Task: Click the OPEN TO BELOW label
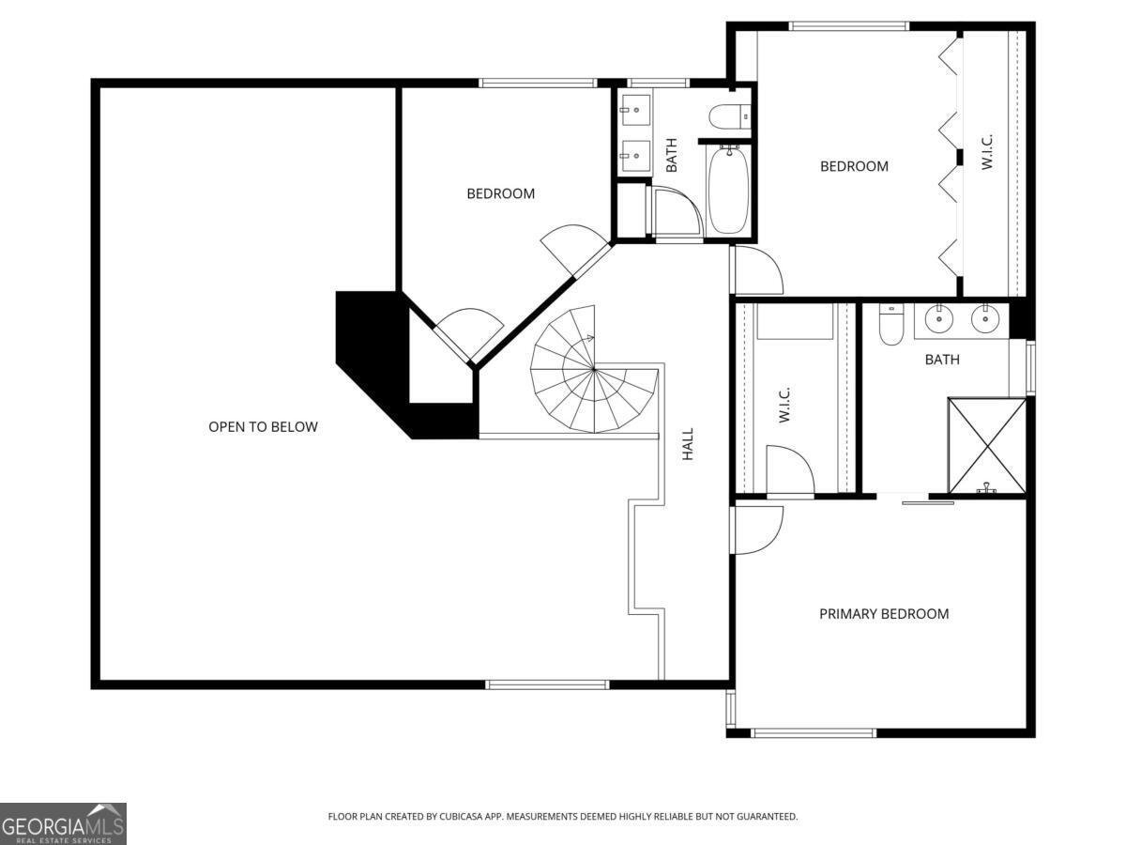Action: [x=263, y=427]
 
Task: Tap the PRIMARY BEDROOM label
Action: [x=884, y=614]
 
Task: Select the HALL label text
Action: [x=688, y=443]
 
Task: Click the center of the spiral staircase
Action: [x=594, y=370]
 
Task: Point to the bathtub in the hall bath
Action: [x=728, y=189]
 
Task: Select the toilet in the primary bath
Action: [x=891, y=324]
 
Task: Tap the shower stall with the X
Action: [x=986, y=445]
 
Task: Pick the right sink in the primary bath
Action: [x=984, y=320]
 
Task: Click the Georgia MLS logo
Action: [x=63, y=823]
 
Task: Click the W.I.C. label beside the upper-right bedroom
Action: [x=987, y=152]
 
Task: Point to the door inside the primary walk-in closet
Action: [x=789, y=469]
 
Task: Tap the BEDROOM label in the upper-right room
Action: [x=854, y=166]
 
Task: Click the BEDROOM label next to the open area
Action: [x=500, y=193]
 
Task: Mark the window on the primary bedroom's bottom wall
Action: [x=814, y=732]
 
